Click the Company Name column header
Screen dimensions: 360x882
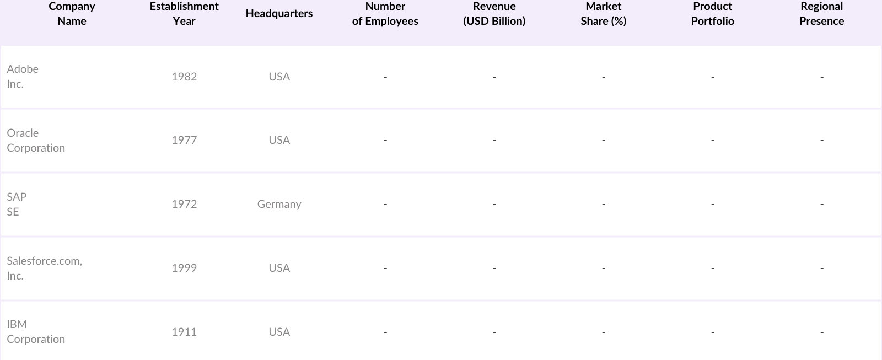72,14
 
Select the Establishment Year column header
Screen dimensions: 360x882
184,14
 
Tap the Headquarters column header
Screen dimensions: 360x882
279,14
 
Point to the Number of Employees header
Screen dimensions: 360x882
385,14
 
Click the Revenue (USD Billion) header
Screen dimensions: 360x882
494,14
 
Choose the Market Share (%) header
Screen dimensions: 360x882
603,14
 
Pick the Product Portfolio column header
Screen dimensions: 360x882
712,14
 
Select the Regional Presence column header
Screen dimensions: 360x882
821,14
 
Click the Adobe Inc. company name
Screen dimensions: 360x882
23,77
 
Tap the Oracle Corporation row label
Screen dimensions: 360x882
36,141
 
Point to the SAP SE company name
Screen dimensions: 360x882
17,204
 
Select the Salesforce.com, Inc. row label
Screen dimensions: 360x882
44,268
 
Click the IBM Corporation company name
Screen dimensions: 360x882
36,332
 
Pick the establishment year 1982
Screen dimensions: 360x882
184,77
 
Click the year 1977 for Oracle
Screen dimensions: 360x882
184,140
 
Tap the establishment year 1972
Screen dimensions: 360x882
184,204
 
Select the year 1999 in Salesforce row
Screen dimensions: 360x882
184,268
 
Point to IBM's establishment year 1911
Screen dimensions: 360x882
184,332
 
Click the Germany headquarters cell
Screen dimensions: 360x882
279,204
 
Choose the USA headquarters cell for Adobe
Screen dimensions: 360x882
279,77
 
